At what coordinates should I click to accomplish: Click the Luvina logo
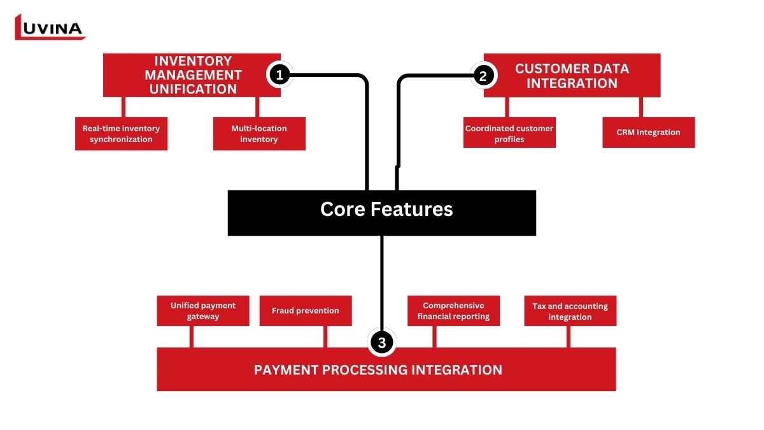[50, 27]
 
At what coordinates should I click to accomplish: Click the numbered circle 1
[279, 75]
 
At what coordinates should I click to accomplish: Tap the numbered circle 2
[483, 76]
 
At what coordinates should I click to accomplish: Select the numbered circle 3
[381, 343]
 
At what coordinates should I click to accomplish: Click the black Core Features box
[382, 213]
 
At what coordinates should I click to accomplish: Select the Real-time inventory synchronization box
[121, 134]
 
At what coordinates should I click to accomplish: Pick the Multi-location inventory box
[259, 134]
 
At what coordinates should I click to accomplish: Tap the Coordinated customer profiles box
[509, 133]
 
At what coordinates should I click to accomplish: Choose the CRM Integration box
[648, 133]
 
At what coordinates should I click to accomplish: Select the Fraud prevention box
[306, 311]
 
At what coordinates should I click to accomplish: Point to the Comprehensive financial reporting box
[453, 311]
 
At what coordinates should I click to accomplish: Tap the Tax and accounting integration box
[570, 311]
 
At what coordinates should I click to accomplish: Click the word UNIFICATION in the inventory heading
[194, 89]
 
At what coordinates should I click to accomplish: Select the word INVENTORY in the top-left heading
[194, 61]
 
